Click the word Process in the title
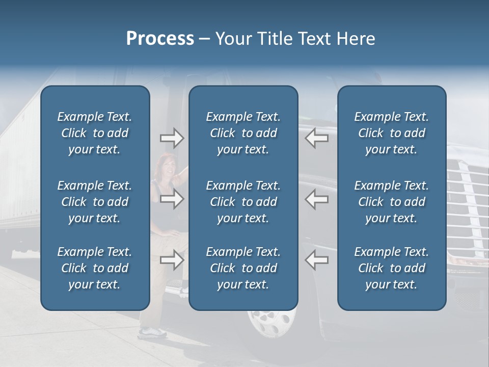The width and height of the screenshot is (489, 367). pyautogui.click(x=160, y=39)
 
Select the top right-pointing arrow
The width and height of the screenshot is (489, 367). pyautogui.click(x=172, y=138)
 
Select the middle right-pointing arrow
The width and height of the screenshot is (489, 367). pyautogui.click(x=172, y=199)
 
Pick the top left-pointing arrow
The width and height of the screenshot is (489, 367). pyautogui.click(x=317, y=138)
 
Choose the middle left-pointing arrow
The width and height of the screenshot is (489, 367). pyautogui.click(x=317, y=199)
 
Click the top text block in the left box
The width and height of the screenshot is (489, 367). pyautogui.click(x=95, y=133)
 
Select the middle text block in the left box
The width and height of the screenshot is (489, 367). pyautogui.click(x=95, y=202)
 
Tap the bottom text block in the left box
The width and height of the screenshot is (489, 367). pyautogui.click(x=95, y=268)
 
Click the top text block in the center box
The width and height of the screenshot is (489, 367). pyautogui.click(x=243, y=133)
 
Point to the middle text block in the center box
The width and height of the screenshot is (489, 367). pyautogui.click(x=243, y=202)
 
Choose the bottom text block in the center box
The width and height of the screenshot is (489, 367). pyautogui.click(x=243, y=268)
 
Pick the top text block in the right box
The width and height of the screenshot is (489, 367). pyautogui.click(x=391, y=133)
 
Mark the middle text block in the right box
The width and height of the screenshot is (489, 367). pyautogui.click(x=391, y=202)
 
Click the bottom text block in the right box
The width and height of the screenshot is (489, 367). pyautogui.click(x=391, y=268)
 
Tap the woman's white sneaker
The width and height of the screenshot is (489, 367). pyautogui.click(x=153, y=332)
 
